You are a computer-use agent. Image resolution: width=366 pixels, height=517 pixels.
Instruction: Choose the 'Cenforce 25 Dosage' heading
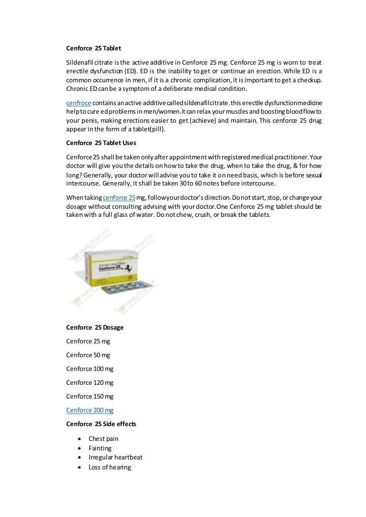[95, 327]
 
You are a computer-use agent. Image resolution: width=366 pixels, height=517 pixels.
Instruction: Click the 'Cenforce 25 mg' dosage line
[88, 341]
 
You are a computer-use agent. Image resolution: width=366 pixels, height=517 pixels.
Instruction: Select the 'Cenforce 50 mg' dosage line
[88, 355]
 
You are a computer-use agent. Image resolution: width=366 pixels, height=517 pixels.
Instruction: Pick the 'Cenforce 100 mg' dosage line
[90, 369]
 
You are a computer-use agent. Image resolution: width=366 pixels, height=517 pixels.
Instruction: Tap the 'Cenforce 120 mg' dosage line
[90, 382]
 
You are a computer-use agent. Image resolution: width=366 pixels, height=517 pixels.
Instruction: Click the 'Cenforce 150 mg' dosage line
[90, 396]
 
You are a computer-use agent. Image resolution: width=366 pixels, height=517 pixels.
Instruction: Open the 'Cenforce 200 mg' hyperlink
[90, 410]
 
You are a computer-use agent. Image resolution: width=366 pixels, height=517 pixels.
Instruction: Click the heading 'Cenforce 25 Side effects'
[101, 424]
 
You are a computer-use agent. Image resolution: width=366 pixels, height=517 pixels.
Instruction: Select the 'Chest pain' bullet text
[103, 439]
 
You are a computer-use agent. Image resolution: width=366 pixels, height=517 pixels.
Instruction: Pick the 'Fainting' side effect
[100, 448]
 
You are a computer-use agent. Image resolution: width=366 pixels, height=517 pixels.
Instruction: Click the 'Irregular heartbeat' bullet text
[115, 458]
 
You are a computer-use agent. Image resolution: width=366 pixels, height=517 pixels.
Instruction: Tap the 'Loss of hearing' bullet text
[110, 467]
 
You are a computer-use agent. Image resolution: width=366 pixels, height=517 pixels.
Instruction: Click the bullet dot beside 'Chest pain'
[78, 439]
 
